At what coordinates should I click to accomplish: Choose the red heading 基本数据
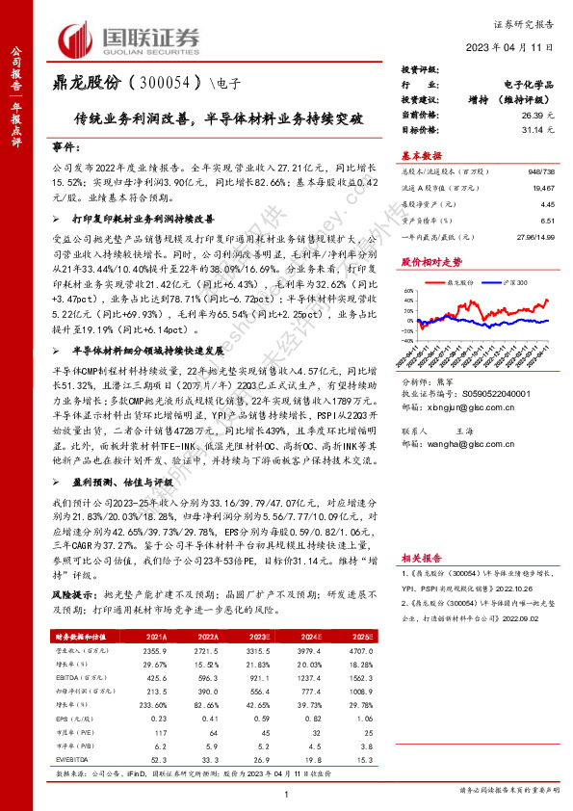tap(420, 155)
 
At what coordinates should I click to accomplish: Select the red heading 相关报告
tap(420, 556)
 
